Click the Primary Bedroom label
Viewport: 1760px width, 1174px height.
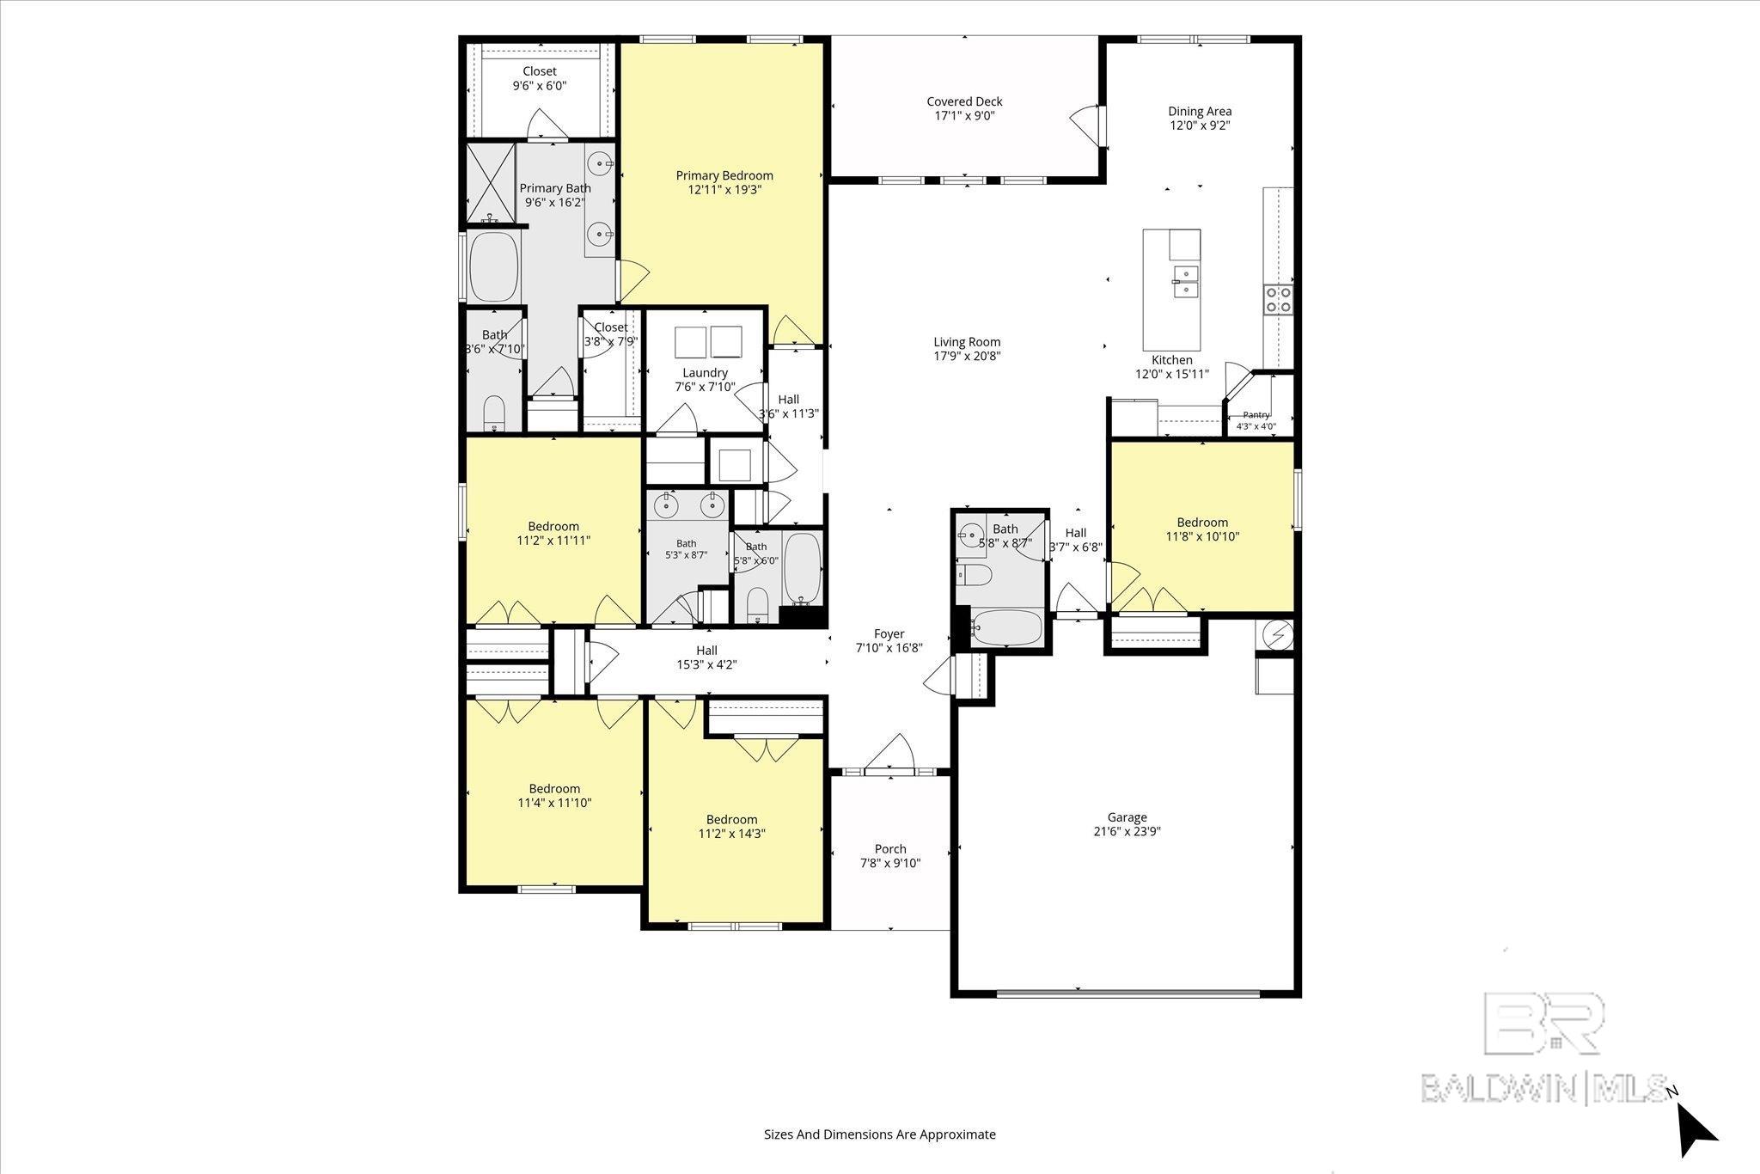(x=724, y=175)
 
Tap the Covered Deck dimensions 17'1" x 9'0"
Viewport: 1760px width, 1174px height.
(x=964, y=116)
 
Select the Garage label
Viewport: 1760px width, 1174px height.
(x=1127, y=817)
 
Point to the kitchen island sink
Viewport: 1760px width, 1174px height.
(x=1186, y=281)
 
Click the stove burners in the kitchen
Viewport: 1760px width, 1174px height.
(x=1278, y=298)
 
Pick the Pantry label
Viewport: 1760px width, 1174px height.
(x=1256, y=414)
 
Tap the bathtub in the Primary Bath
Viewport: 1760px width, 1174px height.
(x=494, y=266)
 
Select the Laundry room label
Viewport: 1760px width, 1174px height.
(x=706, y=373)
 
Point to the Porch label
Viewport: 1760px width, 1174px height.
(x=890, y=849)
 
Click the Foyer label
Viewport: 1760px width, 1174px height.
(x=889, y=634)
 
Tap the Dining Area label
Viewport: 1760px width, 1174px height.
(x=1200, y=111)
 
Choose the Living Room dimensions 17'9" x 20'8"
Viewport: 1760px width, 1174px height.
(x=967, y=356)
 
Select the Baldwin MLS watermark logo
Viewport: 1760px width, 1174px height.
(x=1543, y=1047)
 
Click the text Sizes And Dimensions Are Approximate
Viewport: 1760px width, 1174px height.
(x=880, y=1134)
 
